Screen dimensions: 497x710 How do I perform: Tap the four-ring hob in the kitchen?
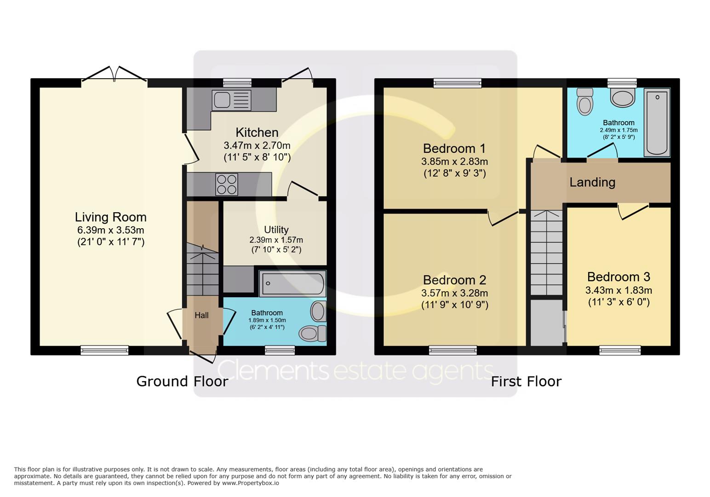227,184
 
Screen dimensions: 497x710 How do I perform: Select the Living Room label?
110,217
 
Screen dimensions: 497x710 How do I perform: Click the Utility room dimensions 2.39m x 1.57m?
276,240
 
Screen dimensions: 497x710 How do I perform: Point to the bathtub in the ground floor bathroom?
292,283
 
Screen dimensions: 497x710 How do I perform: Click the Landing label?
592,182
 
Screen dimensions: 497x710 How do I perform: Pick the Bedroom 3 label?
618,277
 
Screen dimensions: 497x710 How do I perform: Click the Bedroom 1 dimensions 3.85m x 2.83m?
454,162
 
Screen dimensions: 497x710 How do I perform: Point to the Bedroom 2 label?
454,280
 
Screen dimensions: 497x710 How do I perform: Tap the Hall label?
201,315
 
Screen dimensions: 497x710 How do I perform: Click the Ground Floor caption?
182,381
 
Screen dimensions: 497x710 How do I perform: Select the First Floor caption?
526,381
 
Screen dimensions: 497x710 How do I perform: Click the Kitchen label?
257,133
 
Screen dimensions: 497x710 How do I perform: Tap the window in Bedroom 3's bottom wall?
620,350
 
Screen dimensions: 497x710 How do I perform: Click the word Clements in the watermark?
273,371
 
